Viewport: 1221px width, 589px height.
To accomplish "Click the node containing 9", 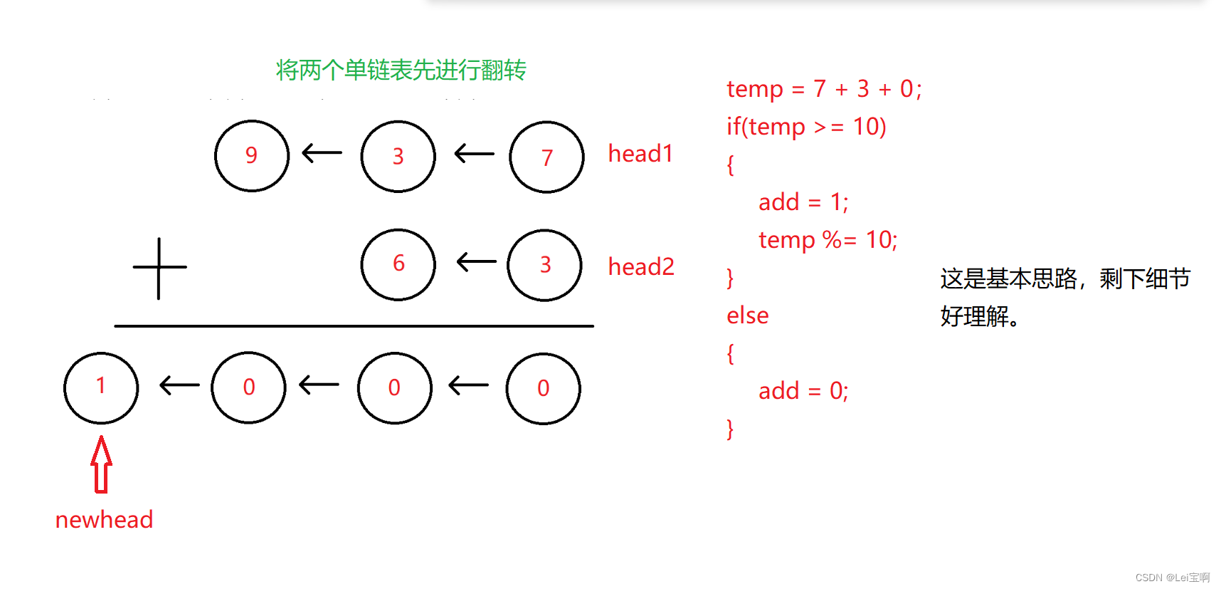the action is (x=252, y=156).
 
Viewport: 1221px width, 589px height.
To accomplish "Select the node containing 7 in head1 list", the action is (x=546, y=157).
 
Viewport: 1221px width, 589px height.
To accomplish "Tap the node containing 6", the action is (x=398, y=264).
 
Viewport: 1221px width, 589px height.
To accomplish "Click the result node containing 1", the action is (x=101, y=387).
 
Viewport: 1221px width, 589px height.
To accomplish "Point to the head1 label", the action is (x=640, y=154).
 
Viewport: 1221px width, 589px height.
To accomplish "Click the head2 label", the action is (x=641, y=266).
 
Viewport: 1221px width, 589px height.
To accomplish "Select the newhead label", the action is (x=105, y=520).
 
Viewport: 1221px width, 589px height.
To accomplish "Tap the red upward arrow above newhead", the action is (x=101, y=464).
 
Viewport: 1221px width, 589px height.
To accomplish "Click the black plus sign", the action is (x=159, y=268).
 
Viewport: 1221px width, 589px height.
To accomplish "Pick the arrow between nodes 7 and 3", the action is (x=474, y=153).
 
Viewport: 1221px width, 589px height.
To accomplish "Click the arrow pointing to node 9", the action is (x=322, y=152).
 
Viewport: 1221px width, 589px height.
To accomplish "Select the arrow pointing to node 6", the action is (x=476, y=261).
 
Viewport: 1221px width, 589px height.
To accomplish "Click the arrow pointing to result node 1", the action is (x=179, y=385).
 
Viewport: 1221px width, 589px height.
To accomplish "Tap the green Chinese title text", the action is (x=401, y=70).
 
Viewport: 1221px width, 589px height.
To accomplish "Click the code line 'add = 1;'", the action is (x=803, y=202).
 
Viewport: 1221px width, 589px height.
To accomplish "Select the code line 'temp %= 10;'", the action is (x=828, y=240).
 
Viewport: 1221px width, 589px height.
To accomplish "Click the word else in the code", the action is (x=747, y=316).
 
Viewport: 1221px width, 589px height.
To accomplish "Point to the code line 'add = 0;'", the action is (x=803, y=391).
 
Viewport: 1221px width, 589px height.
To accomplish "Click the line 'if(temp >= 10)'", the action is (x=806, y=127).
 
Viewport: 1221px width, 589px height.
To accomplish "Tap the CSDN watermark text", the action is (x=1172, y=578).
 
